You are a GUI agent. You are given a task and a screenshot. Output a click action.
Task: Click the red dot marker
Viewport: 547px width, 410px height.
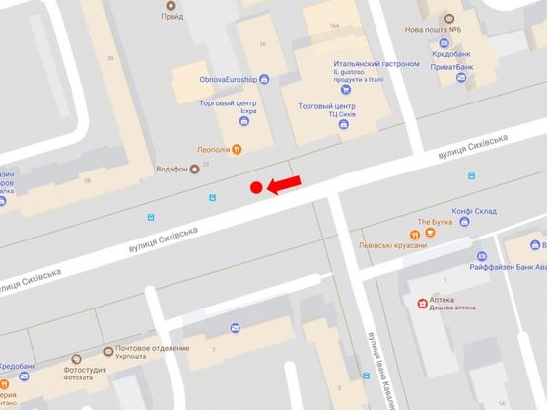pos(256,187)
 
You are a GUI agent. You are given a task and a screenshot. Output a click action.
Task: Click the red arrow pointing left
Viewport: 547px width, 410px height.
pos(287,184)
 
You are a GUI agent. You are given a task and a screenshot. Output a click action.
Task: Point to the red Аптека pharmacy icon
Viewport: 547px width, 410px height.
pos(422,301)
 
